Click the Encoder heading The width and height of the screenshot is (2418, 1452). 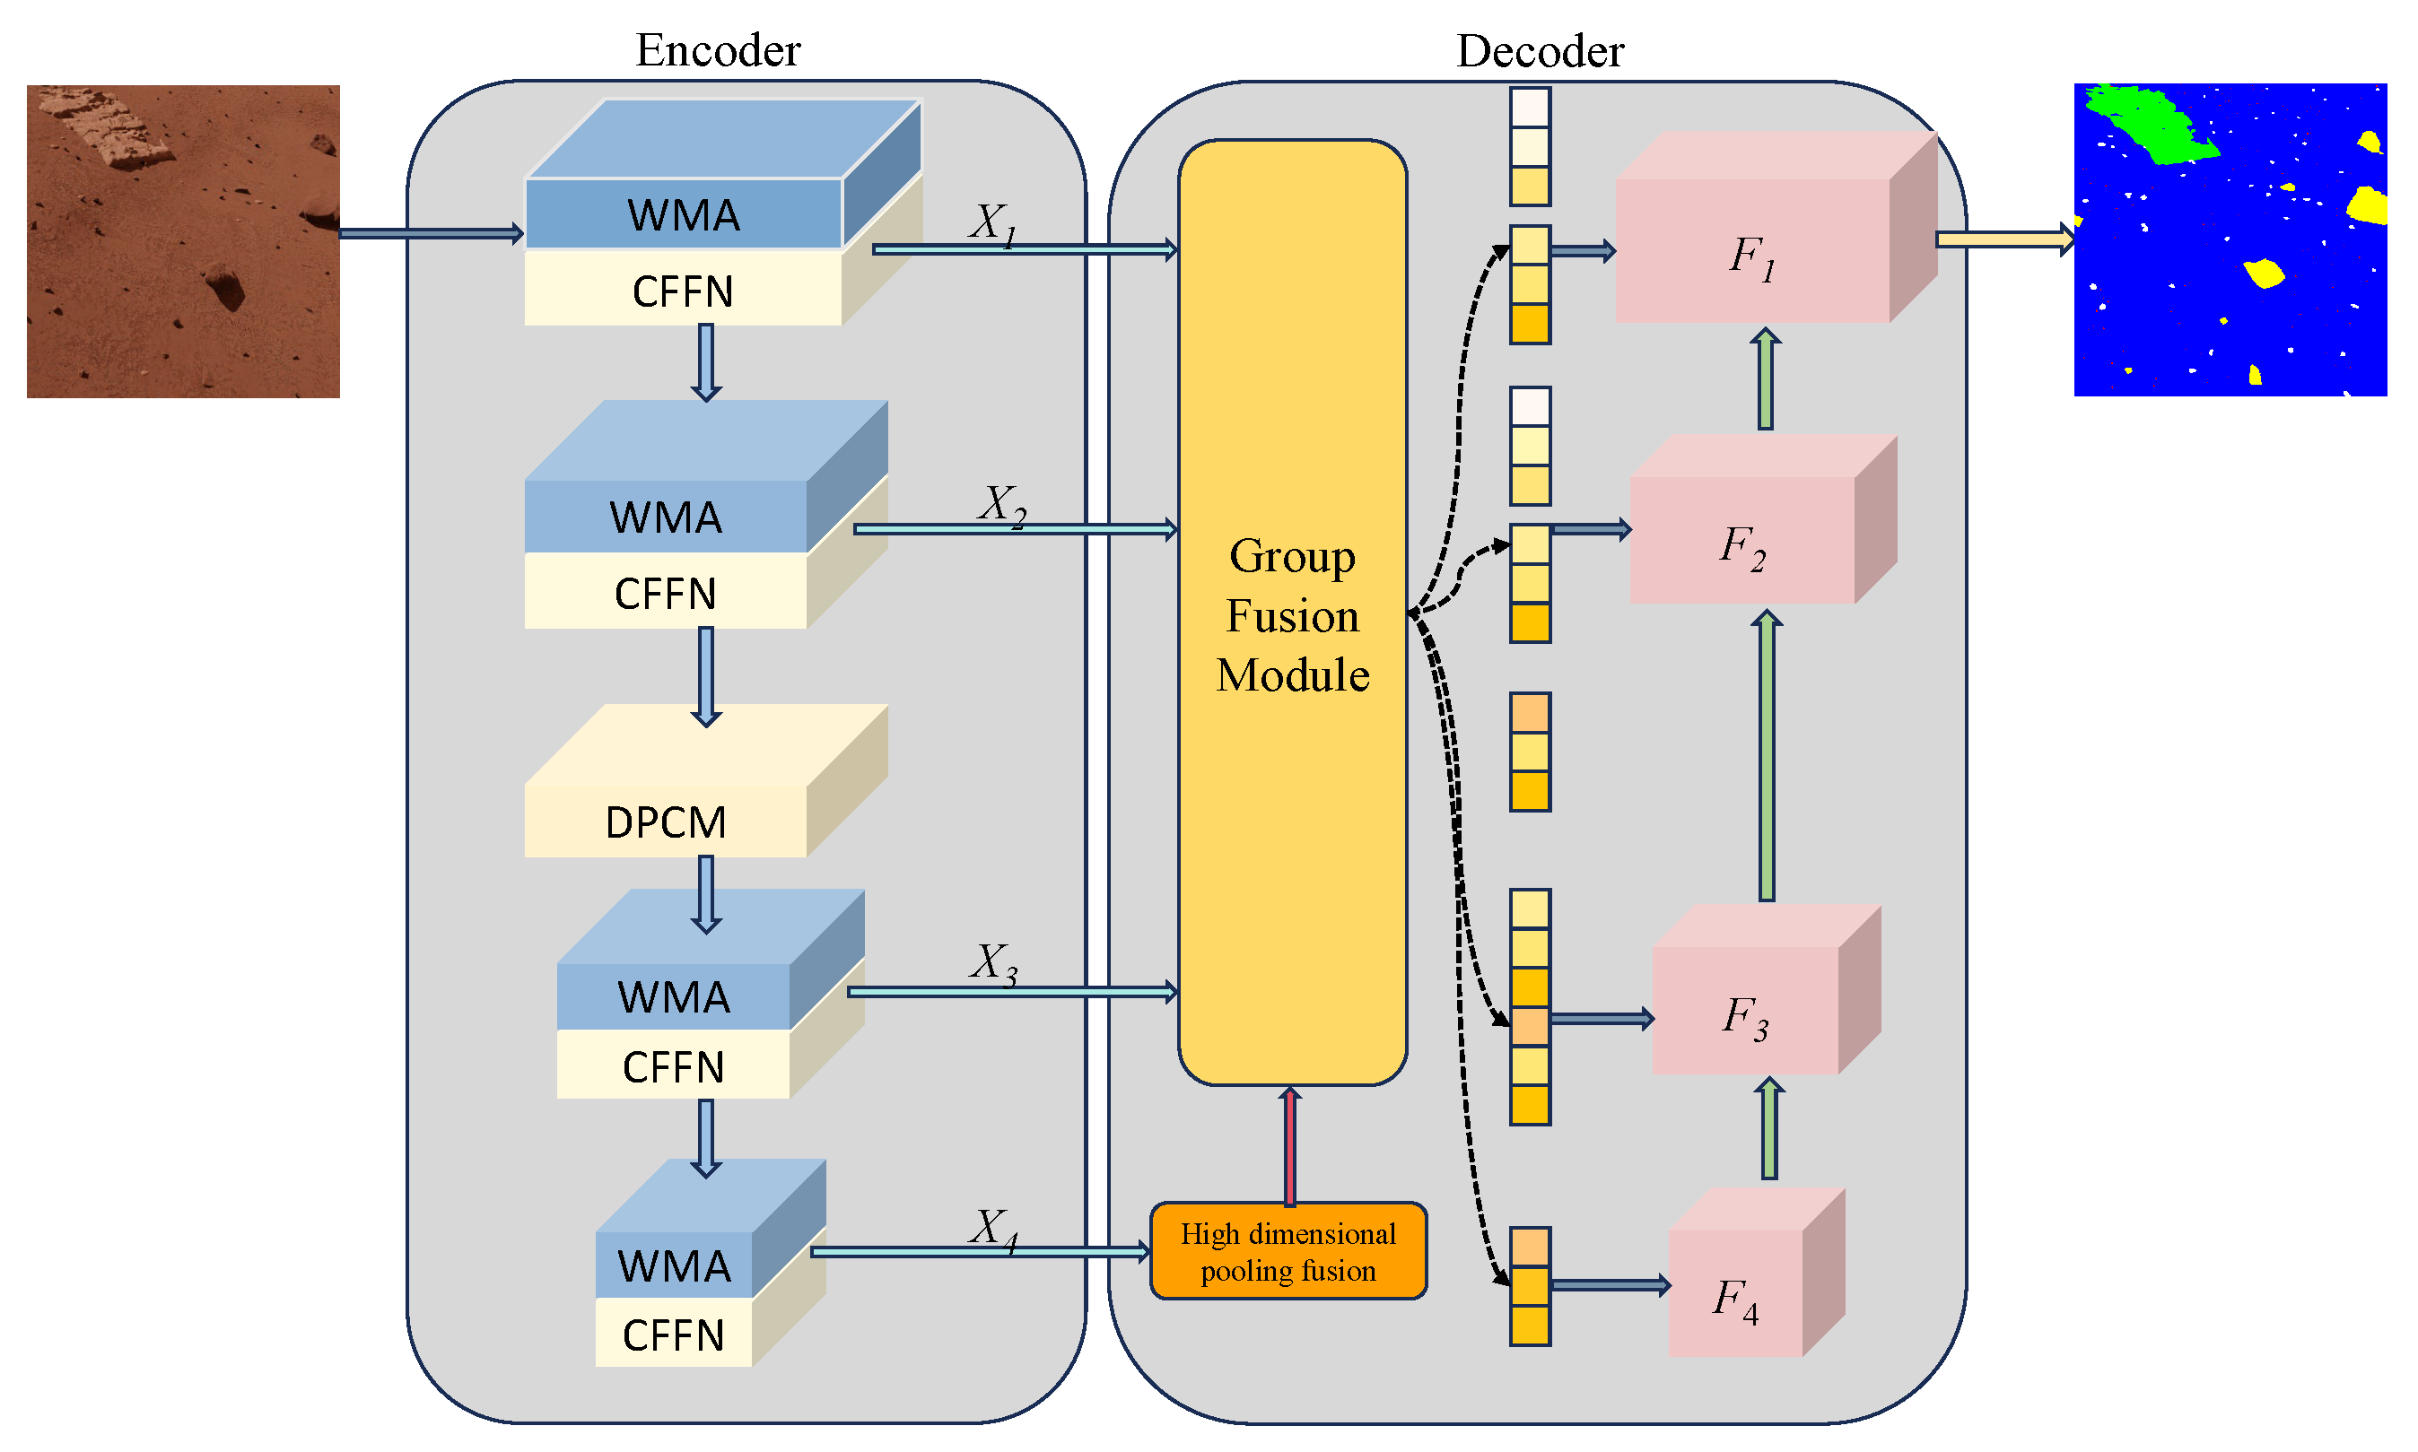(717, 50)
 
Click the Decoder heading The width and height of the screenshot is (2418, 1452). (1540, 51)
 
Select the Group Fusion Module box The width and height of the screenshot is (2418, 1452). (1292, 613)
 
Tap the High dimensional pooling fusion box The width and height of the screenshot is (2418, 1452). (1288, 1251)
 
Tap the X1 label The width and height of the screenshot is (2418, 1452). (992, 223)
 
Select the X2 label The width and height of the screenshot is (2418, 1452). (1001, 505)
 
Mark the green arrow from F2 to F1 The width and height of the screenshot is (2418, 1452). (1766, 378)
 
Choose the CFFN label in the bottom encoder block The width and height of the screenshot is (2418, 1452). (673, 1335)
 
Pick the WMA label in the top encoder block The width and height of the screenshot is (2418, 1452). (683, 215)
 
